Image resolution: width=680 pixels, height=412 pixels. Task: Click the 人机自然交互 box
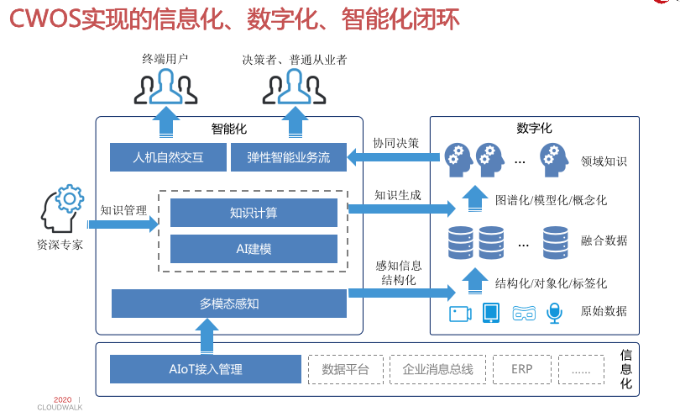click(x=168, y=157)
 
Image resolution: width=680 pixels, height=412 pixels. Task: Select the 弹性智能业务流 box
click(x=288, y=157)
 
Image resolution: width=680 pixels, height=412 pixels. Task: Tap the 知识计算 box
click(x=254, y=213)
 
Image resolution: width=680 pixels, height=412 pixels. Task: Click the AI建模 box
click(x=254, y=249)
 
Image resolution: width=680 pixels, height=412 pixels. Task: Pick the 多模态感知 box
click(x=229, y=304)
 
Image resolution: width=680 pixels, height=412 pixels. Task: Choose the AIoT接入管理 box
click(x=205, y=369)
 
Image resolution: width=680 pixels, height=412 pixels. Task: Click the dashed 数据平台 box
click(x=345, y=369)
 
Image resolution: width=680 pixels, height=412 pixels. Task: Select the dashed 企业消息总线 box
click(x=437, y=369)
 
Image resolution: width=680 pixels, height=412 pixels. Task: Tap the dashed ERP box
click(x=521, y=369)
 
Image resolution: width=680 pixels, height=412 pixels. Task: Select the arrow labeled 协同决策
click(x=395, y=156)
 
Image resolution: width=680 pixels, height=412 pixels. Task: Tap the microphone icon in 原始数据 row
click(x=554, y=313)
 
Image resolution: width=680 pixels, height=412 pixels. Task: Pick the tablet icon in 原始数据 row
click(x=491, y=313)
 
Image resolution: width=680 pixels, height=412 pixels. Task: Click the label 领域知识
click(x=604, y=161)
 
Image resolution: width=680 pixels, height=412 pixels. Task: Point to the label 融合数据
click(x=604, y=240)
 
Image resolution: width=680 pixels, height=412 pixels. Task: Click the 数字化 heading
click(x=534, y=129)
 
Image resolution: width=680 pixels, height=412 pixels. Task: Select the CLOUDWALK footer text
click(x=60, y=407)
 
